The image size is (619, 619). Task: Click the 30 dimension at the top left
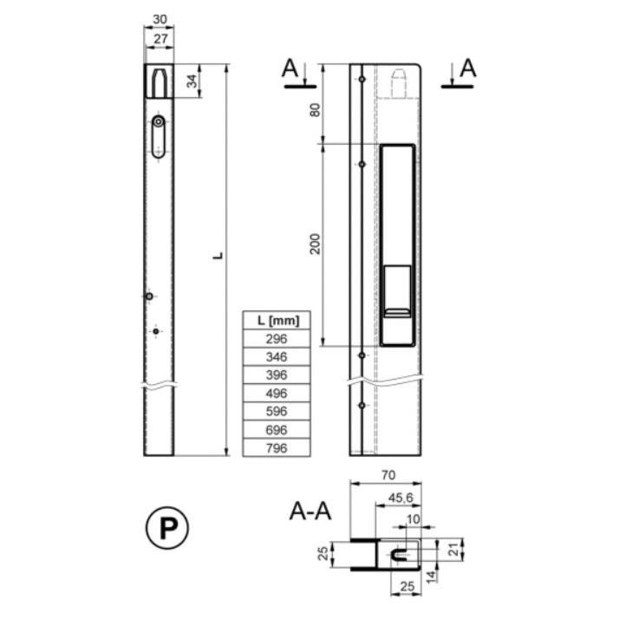pos(160,19)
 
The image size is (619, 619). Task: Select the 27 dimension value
pos(160,39)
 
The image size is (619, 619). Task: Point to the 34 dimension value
pos(192,81)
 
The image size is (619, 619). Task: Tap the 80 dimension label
pos(315,110)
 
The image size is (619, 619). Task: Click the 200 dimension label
pos(315,244)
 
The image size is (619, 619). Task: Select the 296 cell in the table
pos(277,339)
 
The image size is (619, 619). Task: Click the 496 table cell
pos(277,394)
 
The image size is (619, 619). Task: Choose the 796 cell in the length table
pos(277,448)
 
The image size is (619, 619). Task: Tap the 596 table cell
pos(277,411)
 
